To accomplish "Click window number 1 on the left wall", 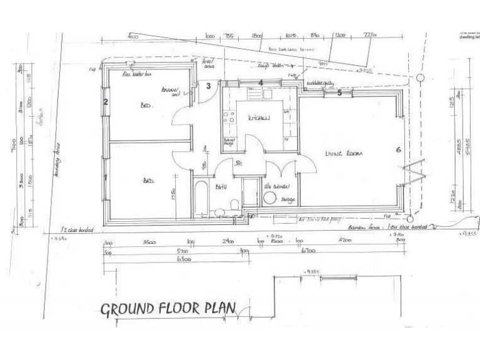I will point(105,178).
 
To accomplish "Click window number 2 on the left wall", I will point(106,102).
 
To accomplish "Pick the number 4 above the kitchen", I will point(261,83).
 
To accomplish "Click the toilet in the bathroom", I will point(232,205).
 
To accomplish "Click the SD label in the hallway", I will point(238,163).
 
